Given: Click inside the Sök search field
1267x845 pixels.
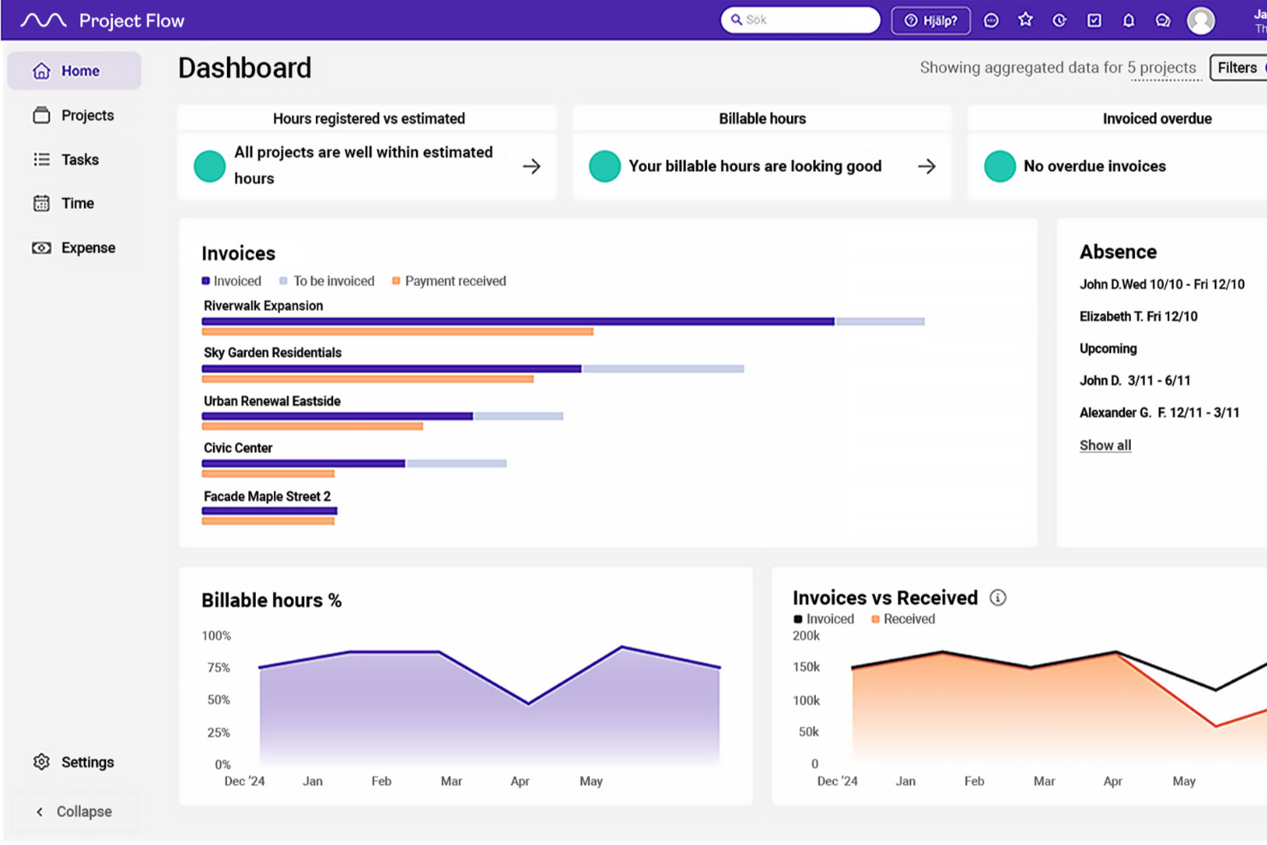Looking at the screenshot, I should point(805,20).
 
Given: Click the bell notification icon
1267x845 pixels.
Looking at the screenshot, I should point(1128,21).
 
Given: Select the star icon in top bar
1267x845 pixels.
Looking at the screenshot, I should point(1025,20).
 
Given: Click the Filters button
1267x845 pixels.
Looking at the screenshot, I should point(1238,68).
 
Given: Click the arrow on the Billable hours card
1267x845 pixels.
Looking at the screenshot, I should point(926,166).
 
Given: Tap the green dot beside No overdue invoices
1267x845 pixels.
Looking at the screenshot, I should point(999,166).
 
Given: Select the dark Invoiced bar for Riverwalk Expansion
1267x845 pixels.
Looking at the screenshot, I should point(517,322).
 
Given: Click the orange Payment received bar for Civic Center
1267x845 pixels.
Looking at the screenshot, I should point(267,473).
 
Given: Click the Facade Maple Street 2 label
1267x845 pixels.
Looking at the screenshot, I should point(266,497).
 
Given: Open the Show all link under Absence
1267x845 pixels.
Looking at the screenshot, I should point(1104,445).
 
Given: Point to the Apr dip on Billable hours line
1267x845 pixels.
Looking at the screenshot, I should point(528,704).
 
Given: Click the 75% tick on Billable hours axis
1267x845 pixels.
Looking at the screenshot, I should point(218,668).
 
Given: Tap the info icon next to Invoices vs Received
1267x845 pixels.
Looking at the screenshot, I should point(997,598).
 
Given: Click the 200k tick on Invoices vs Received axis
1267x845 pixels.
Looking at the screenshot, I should point(806,635).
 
